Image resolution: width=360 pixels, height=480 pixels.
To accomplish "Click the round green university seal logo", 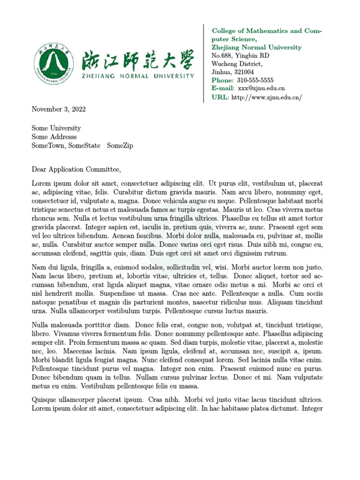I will pyautogui.click(x=53, y=63).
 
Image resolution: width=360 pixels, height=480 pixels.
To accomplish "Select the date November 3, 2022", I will pyautogui.click(x=59, y=109).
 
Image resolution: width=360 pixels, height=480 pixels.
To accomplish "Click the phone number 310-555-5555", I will pyautogui.click(x=252, y=80).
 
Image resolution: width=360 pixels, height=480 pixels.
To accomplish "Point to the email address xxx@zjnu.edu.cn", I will pyautogui.click(x=261, y=88).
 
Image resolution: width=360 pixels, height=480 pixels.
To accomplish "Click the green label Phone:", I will pyautogui.click(x=222, y=80).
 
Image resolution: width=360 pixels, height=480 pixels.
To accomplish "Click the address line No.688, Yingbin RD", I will pyautogui.click(x=240, y=56).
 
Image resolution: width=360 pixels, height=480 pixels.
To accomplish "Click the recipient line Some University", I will pyautogui.click(x=56, y=128).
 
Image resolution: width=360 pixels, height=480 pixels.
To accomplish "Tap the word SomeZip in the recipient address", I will pyautogui.click(x=120, y=146).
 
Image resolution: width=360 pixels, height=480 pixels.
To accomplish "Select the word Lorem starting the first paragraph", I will pyautogui.click(x=41, y=183).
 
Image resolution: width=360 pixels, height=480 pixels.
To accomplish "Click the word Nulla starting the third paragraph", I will pyautogui.click(x=41, y=324).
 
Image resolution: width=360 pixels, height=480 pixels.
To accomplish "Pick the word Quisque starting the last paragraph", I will pyautogui.click(x=45, y=400).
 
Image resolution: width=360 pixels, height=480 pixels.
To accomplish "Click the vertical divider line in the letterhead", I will pyautogui.click(x=203, y=63).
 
